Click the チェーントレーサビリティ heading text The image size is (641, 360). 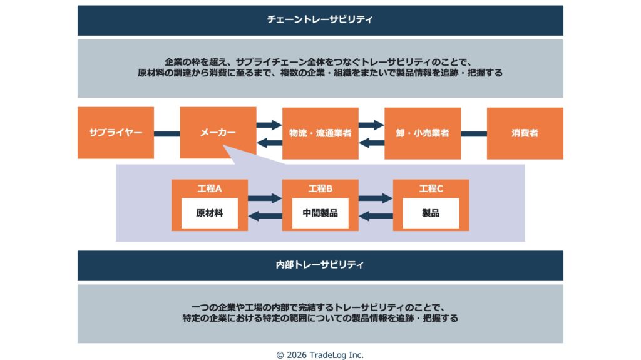click(x=320, y=20)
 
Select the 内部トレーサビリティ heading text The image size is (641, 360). click(x=320, y=265)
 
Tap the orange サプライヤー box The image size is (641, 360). click(x=116, y=133)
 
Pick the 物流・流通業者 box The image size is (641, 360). click(x=320, y=133)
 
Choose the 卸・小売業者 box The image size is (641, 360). click(x=423, y=133)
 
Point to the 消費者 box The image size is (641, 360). click(x=525, y=133)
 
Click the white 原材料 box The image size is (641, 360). click(x=209, y=213)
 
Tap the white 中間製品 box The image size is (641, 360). click(x=320, y=213)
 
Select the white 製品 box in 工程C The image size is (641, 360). click(x=431, y=213)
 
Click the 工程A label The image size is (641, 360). click(x=209, y=188)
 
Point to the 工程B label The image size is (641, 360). click(x=320, y=188)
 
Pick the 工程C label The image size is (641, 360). click(x=431, y=188)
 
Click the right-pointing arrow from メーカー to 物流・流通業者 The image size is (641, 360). click(x=269, y=124)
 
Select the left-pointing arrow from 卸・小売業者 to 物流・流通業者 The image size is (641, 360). click(x=371, y=143)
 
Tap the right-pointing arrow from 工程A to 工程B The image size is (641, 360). click(x=265, y=198)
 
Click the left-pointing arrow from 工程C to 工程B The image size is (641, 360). click(x=376, y=217)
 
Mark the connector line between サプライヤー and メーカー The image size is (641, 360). click(x=167, y=133)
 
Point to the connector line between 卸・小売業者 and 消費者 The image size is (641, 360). click(x=474, y=133)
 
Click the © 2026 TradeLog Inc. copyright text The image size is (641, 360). click(x=320, y=354)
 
